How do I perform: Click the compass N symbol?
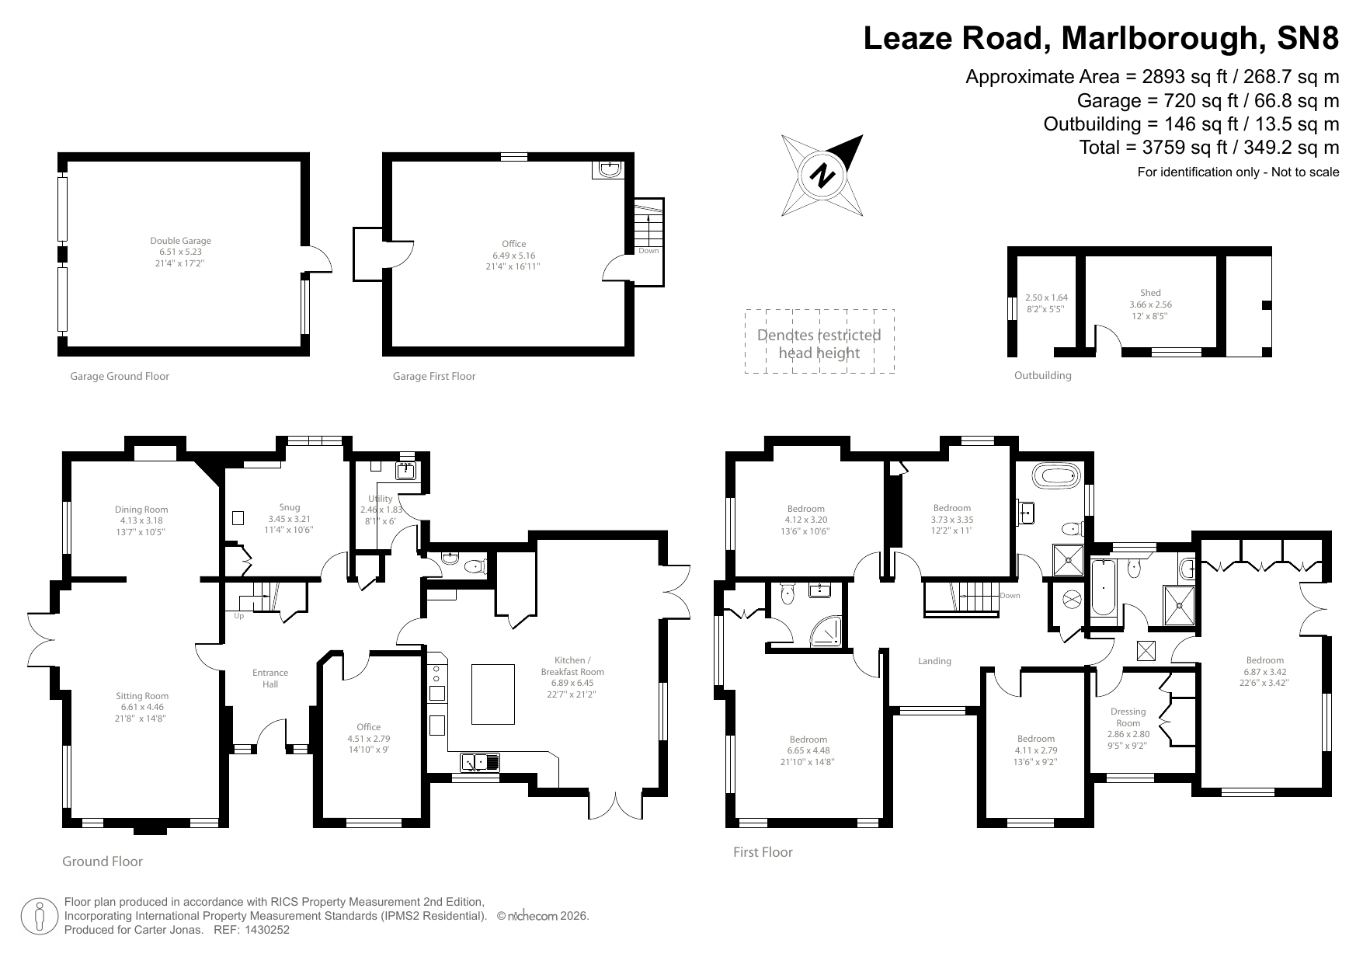click(822, 176)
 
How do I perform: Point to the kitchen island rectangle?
click(493, 694)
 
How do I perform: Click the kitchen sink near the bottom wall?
click(480, 763)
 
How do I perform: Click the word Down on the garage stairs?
click(648, 251)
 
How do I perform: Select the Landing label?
click(934, 661)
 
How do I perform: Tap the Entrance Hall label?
click(270, 678)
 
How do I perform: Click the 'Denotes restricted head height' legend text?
click(819, 344)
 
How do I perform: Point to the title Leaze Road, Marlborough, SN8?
click(1100, 38)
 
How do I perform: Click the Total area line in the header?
click(1208, 147)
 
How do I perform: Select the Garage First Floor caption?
click(434, 376)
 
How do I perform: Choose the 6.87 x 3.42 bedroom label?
click(1264, 672)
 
